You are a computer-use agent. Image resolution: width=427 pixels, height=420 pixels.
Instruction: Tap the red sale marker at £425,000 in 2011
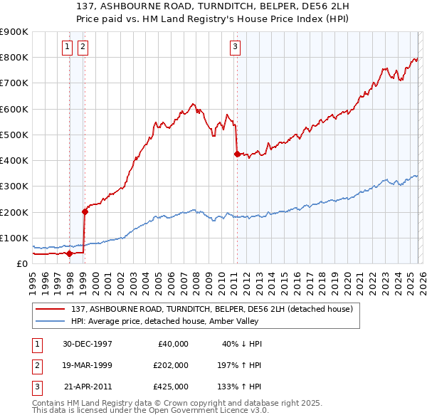[237, 153]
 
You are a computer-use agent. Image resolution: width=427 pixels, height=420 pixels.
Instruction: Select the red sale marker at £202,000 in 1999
[85, 211]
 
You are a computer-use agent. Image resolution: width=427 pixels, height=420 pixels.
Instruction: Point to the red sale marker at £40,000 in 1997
[70, 253]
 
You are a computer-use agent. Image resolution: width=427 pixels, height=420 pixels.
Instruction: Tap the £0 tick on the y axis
[21, 263]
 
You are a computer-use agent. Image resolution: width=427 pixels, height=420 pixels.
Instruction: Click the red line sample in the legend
[51, 309]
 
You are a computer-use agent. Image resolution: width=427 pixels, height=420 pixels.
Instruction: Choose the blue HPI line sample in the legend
[51, 321]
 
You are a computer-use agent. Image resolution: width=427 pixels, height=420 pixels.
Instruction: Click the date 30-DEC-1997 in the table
[87, 344]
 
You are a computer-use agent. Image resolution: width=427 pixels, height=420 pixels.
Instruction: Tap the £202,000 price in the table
[170, 365]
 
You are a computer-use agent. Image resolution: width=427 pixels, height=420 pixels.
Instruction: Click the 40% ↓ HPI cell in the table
[242, 344]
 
